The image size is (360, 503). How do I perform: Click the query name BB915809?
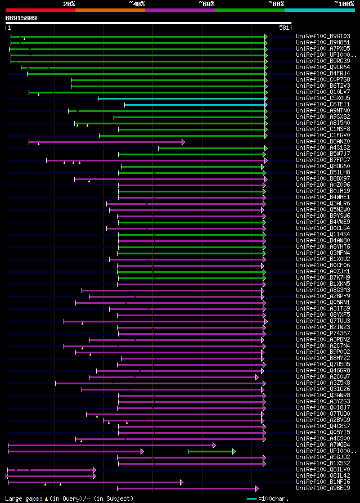point(21,18)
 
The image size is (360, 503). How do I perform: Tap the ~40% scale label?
point(137,3)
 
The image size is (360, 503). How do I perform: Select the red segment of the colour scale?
point(40,10)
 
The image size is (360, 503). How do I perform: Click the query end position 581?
point(284,28)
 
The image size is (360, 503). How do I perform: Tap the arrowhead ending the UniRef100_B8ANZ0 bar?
point(183,142)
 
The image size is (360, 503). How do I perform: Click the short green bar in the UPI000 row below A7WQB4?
point(210,451)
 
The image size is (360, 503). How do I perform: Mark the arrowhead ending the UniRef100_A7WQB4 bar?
point(214,445)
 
